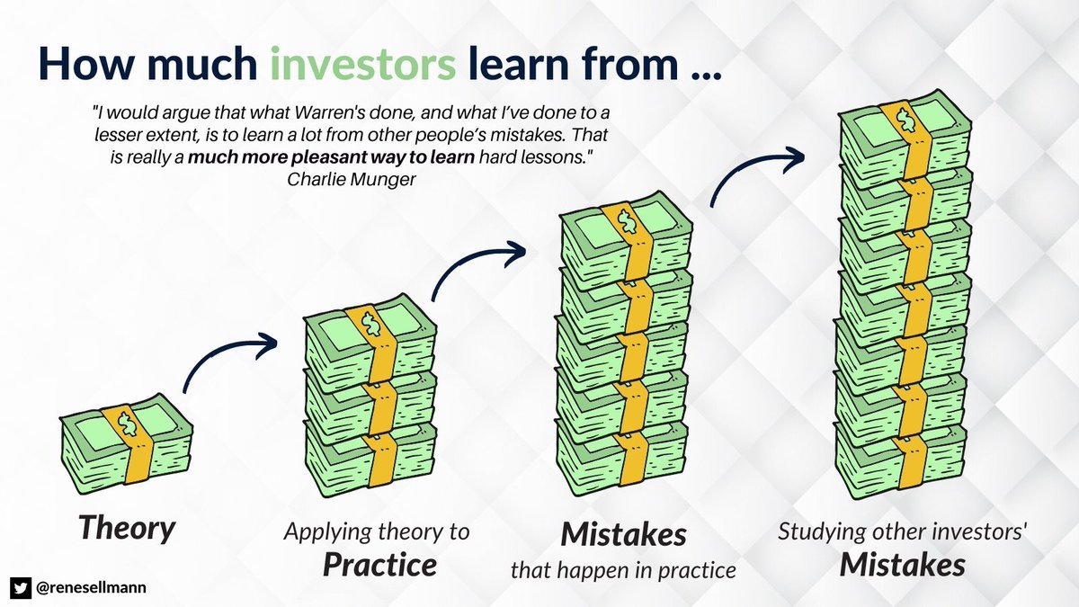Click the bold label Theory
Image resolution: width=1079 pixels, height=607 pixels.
(125, 528)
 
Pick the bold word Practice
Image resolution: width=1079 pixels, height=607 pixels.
(379, 564)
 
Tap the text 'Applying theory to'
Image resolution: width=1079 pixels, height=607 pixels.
(377, 531)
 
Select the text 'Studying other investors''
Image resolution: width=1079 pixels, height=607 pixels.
(902, 531)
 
